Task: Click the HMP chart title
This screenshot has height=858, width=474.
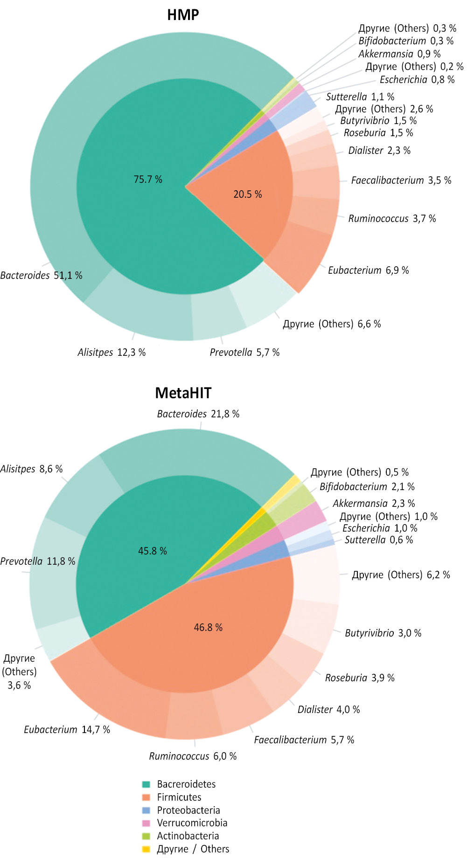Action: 183,15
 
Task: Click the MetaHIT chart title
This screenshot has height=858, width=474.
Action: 183,393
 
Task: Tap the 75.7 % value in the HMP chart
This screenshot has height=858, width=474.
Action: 148,180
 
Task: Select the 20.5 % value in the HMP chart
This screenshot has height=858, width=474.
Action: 247,194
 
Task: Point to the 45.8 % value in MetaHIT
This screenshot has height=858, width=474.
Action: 152,551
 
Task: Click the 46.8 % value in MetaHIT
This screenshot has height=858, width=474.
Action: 208,628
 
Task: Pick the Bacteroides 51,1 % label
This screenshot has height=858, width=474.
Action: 41,276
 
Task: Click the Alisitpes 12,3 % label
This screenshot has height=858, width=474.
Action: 112,353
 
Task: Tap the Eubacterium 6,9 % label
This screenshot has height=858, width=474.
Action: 368,270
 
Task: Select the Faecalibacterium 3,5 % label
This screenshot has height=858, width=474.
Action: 401,180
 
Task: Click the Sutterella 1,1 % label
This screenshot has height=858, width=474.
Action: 360,97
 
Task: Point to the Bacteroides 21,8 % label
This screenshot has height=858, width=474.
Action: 198,414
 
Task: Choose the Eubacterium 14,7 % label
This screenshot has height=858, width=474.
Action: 67,730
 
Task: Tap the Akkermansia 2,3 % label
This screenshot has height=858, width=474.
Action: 373,504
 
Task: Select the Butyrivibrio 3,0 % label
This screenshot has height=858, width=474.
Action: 383,633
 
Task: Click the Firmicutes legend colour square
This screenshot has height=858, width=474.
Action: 146,797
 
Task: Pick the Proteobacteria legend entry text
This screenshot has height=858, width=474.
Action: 188,810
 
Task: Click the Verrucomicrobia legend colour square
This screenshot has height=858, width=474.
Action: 146,823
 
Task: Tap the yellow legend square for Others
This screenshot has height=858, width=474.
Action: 146,849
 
